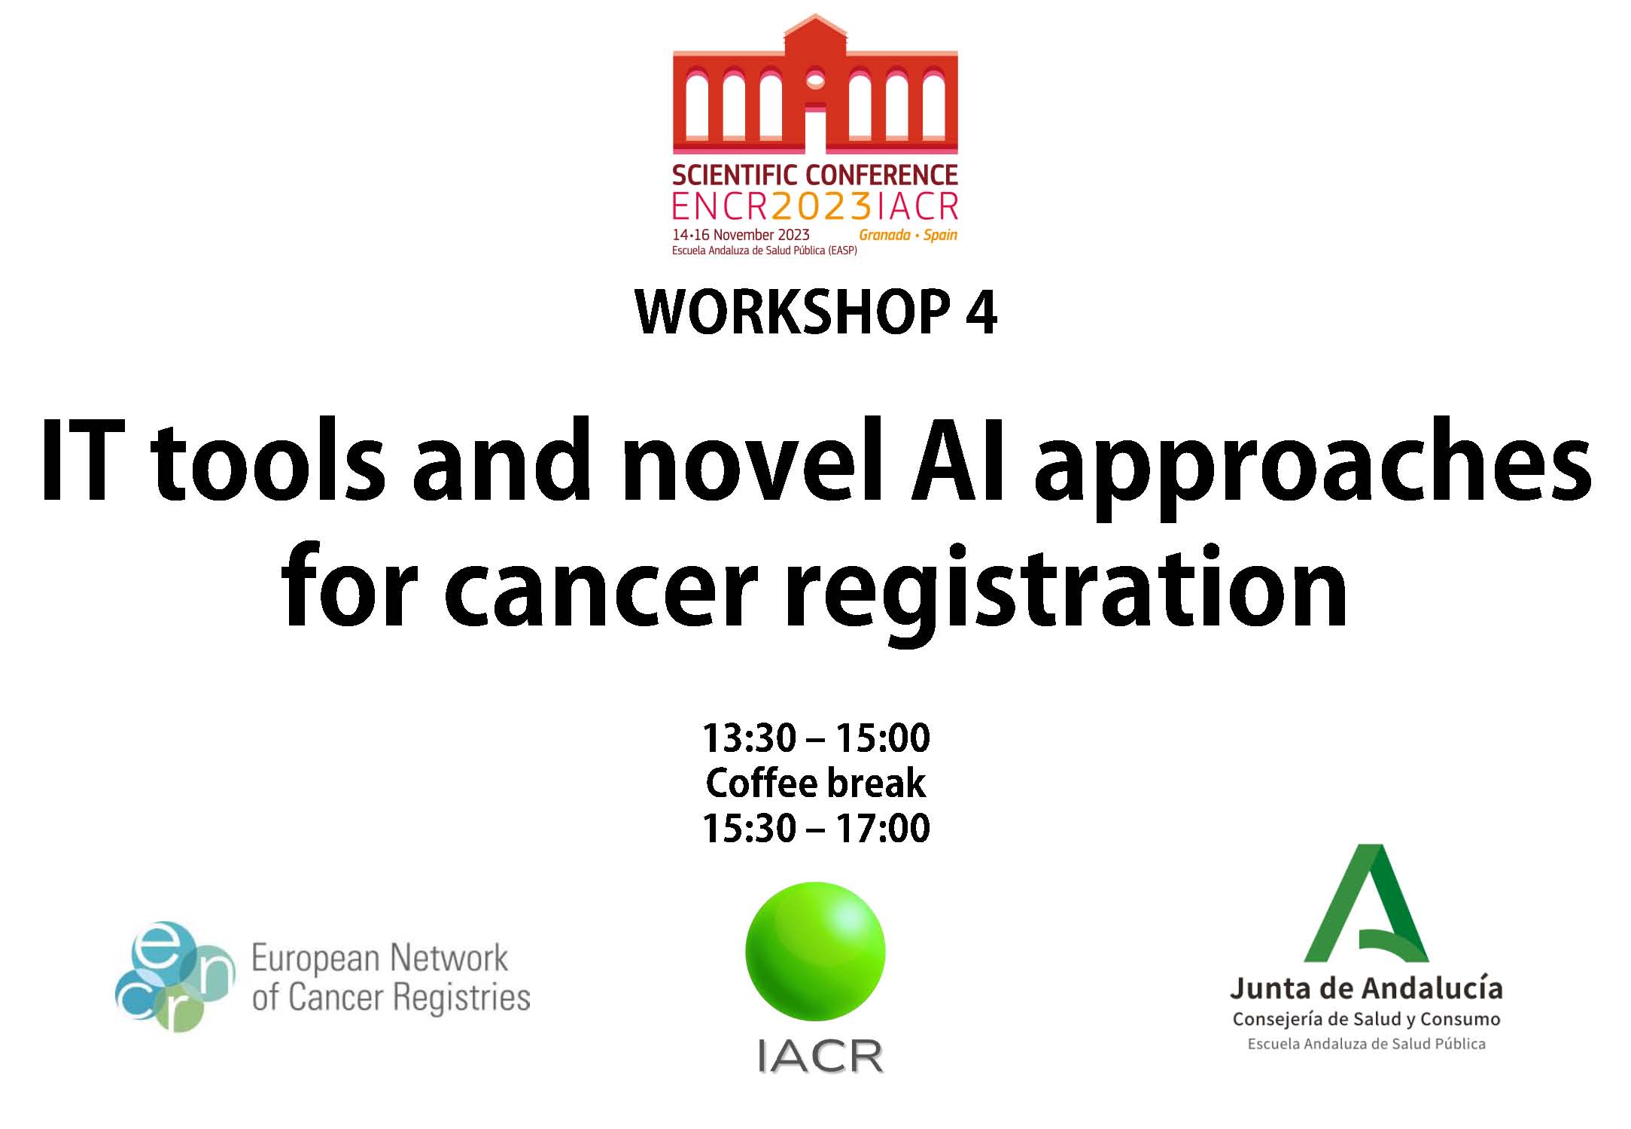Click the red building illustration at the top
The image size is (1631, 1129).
(815, 84)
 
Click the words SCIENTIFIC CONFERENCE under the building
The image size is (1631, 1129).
(815, 175)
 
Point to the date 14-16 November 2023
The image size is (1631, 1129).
(741, 235)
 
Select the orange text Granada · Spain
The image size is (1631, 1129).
(908, 235)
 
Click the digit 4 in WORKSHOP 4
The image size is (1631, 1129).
(981, 312)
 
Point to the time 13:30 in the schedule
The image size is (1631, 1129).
(749, 738)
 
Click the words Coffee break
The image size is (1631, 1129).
(816, 784)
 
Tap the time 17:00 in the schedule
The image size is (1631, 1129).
(883, 829)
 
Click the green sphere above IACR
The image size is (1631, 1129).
(816, 951)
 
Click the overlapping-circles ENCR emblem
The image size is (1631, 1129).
(175, 976)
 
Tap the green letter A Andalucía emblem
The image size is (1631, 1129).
(1366, 904)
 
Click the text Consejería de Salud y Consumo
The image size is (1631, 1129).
(1366, 1019)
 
